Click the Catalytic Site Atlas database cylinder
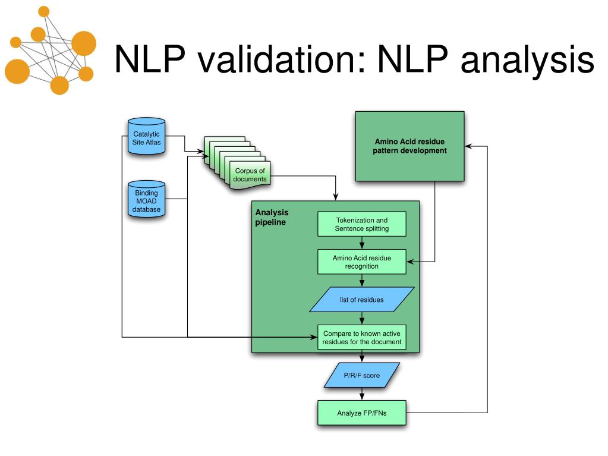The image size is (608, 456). click(147, 136)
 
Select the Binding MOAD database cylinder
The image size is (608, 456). click(147, 199)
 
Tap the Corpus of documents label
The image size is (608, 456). click(250, 175)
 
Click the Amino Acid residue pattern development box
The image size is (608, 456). click(410, 146)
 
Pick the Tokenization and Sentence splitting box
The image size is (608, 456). click(362, 224)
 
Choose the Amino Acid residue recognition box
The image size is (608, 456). click(362, 262)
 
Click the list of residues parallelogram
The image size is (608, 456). click(362, 300)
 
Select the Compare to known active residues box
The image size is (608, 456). click(362, 337)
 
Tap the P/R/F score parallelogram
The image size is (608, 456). click(362, 375)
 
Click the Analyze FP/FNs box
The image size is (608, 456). click(362, 413)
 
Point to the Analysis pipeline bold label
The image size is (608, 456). click(272, 217)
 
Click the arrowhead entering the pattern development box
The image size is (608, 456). click(468, 146)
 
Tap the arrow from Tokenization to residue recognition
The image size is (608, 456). click(362, 243)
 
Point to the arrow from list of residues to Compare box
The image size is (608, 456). click(362, 318)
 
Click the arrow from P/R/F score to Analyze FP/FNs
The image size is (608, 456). click(362, 394)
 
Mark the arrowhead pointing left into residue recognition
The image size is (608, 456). click(410, 262)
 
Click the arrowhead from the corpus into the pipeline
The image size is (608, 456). click(335, 197)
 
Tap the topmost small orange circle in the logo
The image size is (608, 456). click(44, 12)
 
